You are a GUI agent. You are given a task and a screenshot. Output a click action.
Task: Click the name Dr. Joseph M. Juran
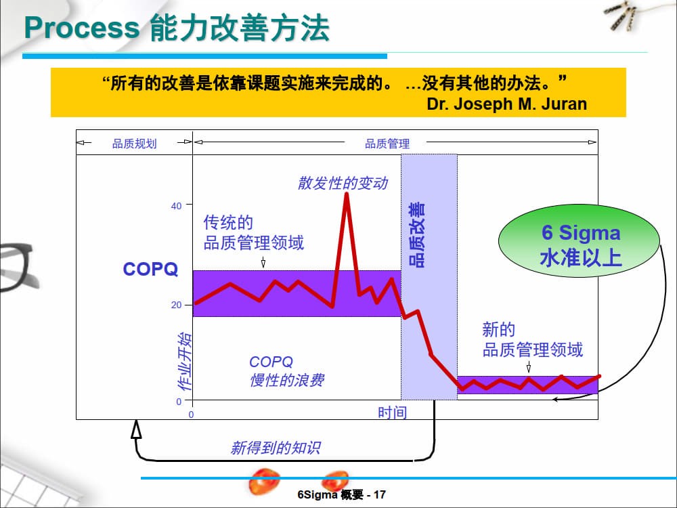point(506,104)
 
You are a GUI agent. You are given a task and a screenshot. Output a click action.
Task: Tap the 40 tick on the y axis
point(176,205)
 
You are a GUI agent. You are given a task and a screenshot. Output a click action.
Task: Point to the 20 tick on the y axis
point(176,305)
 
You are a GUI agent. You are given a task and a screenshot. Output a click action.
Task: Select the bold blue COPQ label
point(150,270)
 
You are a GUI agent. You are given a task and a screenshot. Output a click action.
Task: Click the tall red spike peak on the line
point(346,194)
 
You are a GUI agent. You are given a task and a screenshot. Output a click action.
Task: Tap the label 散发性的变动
point(343,183)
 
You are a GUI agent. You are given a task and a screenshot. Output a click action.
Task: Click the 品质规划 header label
point(134,143)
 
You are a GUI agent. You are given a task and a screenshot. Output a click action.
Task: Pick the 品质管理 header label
point(387,143)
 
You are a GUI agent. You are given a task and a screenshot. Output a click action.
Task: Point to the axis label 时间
point(392,412)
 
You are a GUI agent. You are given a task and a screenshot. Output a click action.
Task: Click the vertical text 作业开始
point(184,362)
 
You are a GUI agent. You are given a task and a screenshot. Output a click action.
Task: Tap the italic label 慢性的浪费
point(286,380)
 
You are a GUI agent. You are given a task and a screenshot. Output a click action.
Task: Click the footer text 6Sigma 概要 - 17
point(341,494)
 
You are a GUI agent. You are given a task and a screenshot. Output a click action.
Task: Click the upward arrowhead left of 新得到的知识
point(136,429)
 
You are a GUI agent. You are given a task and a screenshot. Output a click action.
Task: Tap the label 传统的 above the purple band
point(228,222)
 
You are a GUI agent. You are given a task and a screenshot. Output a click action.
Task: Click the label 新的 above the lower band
point(498,330)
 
